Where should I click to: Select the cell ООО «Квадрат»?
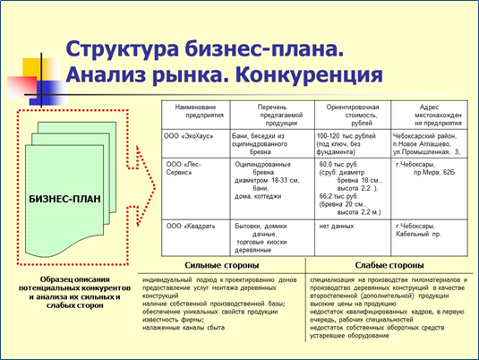point(189,227)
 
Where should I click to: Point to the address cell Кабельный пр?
point(419,232)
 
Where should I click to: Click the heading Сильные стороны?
point(222,266)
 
